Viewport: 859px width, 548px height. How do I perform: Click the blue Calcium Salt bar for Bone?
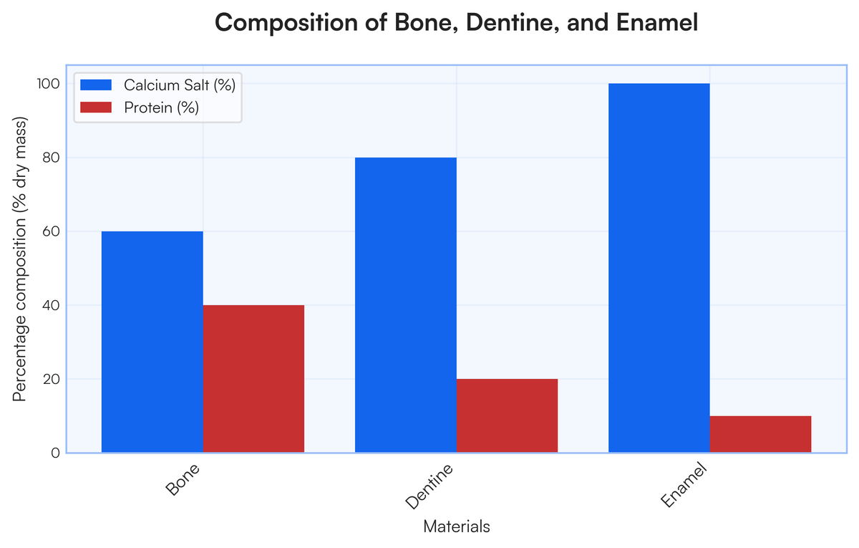[x=152, y=342]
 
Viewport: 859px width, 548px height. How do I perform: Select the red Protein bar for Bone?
[x=253, y=379]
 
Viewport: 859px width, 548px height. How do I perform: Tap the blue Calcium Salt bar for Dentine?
[x=405, y=305]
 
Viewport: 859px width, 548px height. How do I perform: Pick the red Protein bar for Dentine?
[x=507, y=415]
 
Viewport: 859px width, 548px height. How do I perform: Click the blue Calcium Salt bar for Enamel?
[x=659, y=268]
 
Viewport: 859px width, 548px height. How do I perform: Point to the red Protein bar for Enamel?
[x=760, y=434]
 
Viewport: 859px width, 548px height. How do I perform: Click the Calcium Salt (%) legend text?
[x=179, y=85]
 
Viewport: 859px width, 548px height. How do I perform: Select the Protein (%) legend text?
[x=161, y=107]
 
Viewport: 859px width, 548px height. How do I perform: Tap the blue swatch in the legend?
[x=97, y=85]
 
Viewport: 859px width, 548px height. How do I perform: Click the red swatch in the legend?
[x=97, y=107]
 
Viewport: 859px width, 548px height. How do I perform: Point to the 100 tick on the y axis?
[x=47, y=84]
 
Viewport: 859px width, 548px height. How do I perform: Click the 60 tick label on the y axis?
[x=49, y=231]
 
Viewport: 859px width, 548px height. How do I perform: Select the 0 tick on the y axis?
[x=54, y=453]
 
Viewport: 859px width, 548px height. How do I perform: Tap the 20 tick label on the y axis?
[x=49, y=379]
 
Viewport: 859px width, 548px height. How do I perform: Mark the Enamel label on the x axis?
[x=684, y=485]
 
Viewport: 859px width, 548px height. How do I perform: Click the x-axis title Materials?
[x=457, y=527]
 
